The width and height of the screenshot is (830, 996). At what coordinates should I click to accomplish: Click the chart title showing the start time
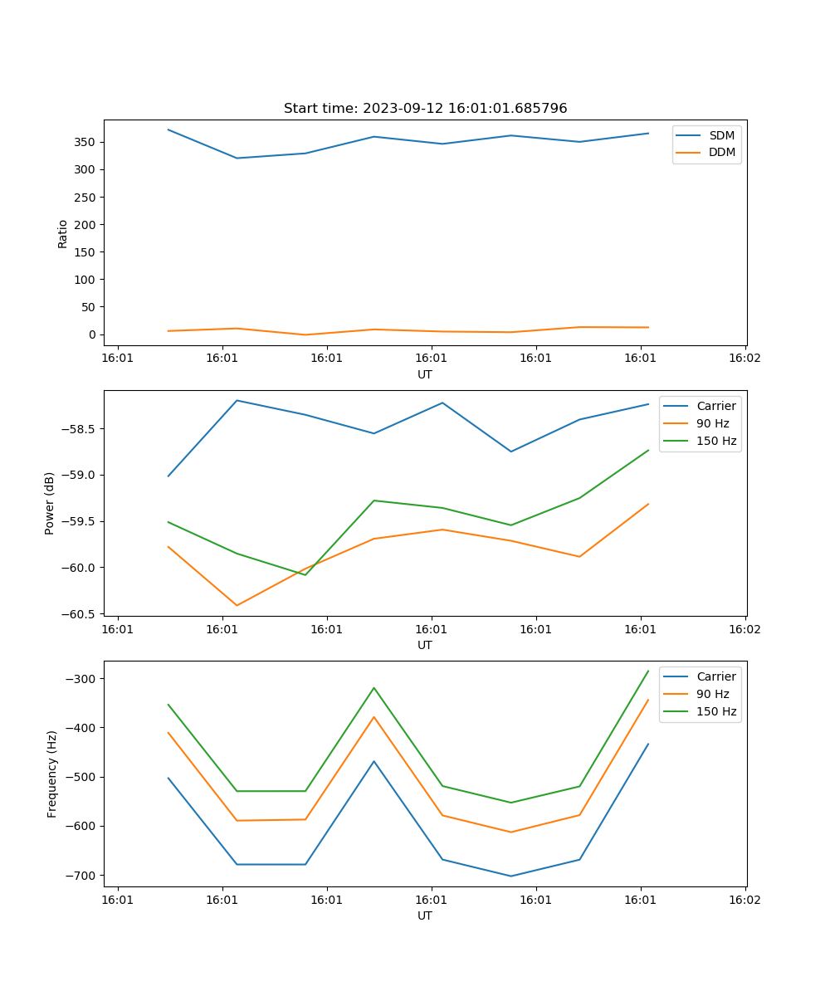(x=425, y=109)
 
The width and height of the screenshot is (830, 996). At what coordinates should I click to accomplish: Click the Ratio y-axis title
(x=63, y=233)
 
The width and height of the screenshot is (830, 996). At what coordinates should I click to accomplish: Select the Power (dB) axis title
(x=50, y=503)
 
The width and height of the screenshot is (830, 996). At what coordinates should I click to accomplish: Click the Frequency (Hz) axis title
(x=52, y=774)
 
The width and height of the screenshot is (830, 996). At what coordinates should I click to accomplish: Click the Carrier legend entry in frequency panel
(x=715, y=676)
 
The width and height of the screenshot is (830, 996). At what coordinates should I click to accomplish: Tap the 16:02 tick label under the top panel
(x=745, y=359)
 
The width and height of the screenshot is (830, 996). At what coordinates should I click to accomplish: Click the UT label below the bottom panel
(x=425, y=915)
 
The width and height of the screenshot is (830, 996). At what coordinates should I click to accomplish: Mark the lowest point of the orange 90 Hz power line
(x=237, y=605)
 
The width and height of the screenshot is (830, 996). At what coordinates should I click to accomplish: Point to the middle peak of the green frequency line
(x=373, y=687)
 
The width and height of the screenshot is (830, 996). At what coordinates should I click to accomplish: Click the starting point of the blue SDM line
(x=168, y=129)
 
